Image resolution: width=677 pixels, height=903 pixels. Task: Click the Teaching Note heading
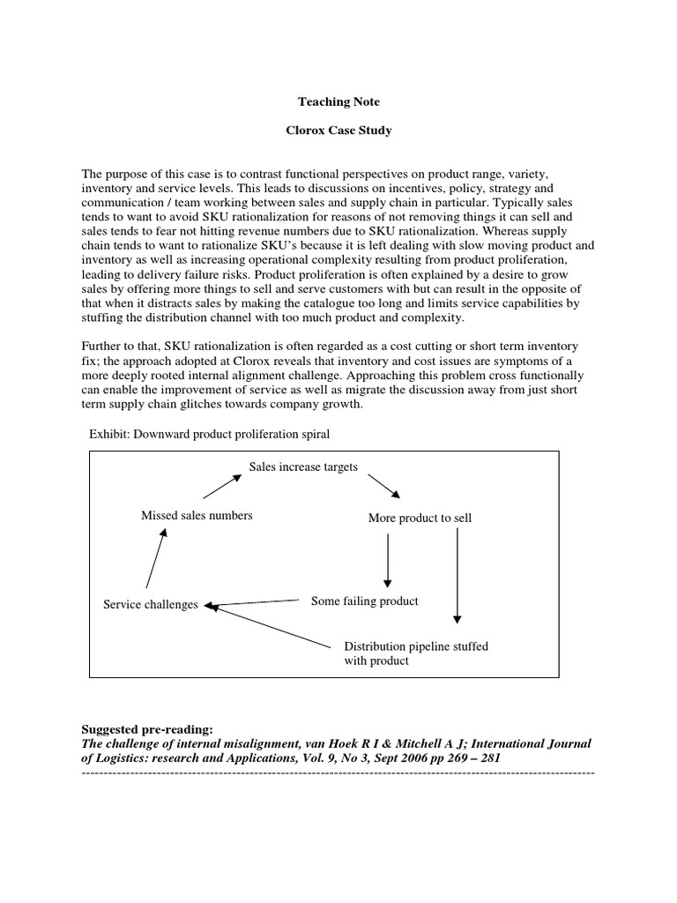coord(338,102)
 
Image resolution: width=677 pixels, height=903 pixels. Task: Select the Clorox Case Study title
coord(338,131)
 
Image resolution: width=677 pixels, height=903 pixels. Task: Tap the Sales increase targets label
coord(303,466)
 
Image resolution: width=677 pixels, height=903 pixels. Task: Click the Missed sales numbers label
coord(197,515)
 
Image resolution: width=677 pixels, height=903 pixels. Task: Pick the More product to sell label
coord(420,518)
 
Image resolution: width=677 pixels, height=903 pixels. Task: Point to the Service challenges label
coord(151,605)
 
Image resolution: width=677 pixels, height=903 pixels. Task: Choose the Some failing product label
coord(364,601)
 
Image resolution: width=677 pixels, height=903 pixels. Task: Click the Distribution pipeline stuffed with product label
coord(415,653)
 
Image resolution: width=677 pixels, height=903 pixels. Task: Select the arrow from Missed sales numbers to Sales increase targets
coord(222,488)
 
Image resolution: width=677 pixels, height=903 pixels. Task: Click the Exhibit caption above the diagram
coord(209,435)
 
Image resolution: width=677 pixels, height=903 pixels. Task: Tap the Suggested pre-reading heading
coord(146,729)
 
